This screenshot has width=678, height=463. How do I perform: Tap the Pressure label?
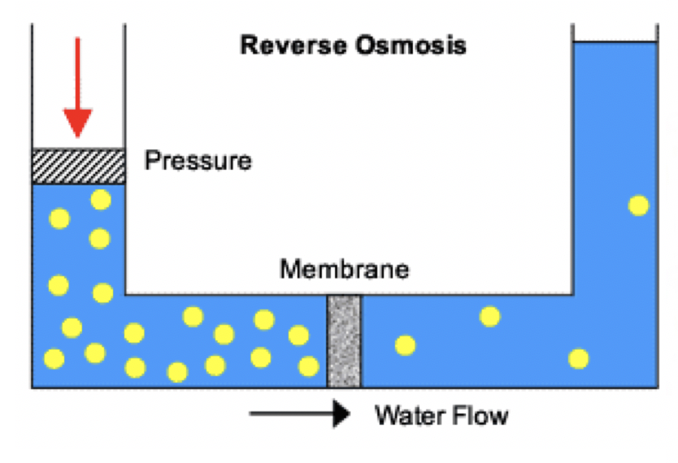[x=198, y=161]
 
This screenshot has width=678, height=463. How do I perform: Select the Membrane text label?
[x=344, y=269]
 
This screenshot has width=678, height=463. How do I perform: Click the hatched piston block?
[x=78, y=167]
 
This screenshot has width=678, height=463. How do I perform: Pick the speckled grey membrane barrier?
[x=344, y=341]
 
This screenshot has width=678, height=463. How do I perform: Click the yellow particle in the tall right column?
[x=639, y=206]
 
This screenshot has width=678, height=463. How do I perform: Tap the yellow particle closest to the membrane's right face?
[x=405, y=345]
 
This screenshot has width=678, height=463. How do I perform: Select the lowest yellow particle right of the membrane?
[x=578, y=357]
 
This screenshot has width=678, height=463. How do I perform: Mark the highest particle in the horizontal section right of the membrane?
[x=489, y=316]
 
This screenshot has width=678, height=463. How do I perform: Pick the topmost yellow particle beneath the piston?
[x=101, y=199]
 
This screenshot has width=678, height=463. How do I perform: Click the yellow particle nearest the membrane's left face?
[x=309, y=366]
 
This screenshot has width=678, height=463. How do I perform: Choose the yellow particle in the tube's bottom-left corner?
[x=54, y=358]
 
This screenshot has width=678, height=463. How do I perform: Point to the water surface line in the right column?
[x=615, y=42]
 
